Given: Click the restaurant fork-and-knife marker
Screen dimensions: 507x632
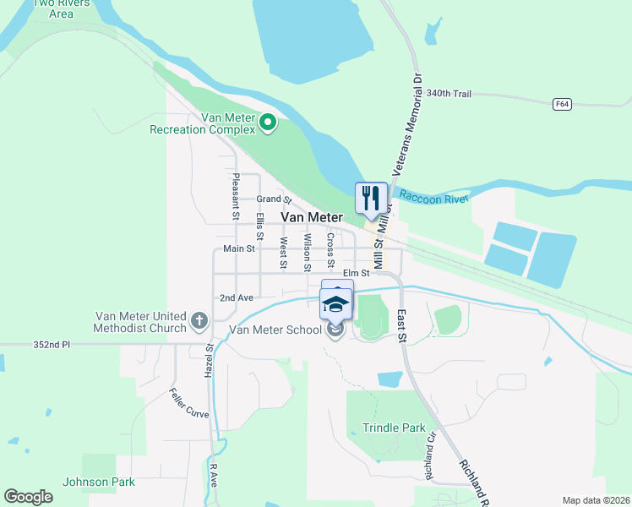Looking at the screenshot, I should (x=371, y=199).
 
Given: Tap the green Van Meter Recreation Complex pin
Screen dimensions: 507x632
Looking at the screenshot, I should (x=268, y=123).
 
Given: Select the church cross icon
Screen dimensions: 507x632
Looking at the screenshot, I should (x=199, y=320).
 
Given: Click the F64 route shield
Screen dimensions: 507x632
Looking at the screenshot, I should (x=562, y=104).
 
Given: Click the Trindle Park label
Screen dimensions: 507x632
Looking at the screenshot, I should (x=394, y=428).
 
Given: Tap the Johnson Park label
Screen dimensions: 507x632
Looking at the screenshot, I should (x=99, y=482).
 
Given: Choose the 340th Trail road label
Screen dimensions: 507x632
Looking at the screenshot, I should (x=449, y=93).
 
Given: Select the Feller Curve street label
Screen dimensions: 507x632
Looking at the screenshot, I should (x=188, y=403).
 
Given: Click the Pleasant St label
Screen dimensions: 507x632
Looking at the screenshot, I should (x=236, y=197).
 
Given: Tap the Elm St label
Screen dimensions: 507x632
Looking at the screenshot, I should (x=357, y=273).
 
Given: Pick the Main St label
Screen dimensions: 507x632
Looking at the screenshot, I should (x=239, y=248).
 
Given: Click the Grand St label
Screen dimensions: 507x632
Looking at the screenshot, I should (x=274, y=200).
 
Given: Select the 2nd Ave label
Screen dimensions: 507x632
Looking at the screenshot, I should (x=237, y=297).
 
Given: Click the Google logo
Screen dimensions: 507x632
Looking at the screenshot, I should (x=29, y=497).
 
